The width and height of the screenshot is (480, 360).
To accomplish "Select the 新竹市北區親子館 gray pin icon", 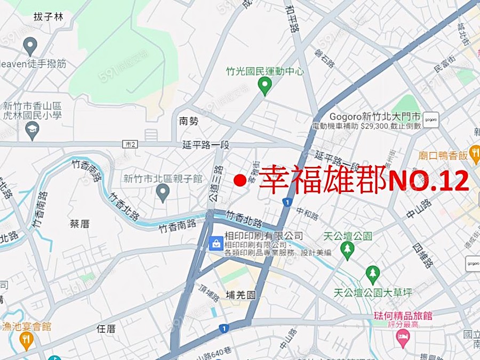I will pos(163,192).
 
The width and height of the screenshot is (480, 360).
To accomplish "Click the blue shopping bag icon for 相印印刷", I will pos(216,243).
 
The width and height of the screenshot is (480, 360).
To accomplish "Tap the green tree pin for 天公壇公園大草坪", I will pos(373,275).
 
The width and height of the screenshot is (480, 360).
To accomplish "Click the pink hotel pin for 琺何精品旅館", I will pos(403,337).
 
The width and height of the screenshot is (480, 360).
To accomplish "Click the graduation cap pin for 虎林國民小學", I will pos(33,130).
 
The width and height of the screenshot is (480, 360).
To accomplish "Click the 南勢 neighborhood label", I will pos(188,121).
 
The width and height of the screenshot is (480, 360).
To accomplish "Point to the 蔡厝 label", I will pos(79,223).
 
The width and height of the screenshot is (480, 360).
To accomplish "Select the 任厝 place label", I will pos(106,329).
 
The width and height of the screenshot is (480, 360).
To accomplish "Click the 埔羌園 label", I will pos(241,294).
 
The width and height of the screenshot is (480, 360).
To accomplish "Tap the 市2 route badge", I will pos(130,144).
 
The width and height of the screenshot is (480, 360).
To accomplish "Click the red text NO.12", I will pos(428,181).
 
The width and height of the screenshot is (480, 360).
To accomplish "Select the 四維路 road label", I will pos(423,256).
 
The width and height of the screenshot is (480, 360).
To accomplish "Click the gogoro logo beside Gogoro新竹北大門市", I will pos(430,121).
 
